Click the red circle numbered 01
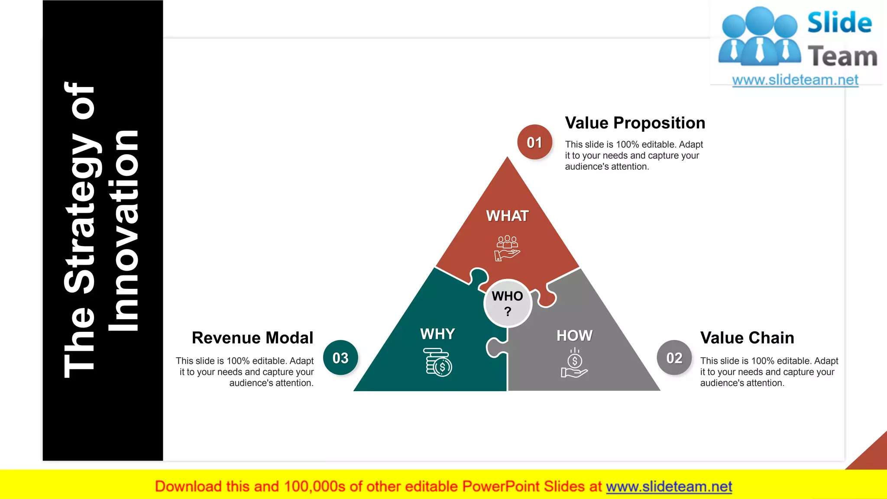[534, 142]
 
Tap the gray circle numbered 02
[674, 358]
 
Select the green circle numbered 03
[340, 358]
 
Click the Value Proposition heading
[635, 123]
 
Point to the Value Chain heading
[747, 338]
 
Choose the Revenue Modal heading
[253, 338]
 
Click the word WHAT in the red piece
[507, 216]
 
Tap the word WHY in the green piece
[437, 334]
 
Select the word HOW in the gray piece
[574, 335]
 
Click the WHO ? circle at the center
[508, 303]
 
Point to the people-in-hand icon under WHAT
[507, 248]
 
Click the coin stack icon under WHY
[437, 362]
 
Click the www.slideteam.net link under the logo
[795, 80]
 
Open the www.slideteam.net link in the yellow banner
[669, 486]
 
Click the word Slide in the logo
[839, 23]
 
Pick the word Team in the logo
[842, 57]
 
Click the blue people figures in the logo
[759, 37]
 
